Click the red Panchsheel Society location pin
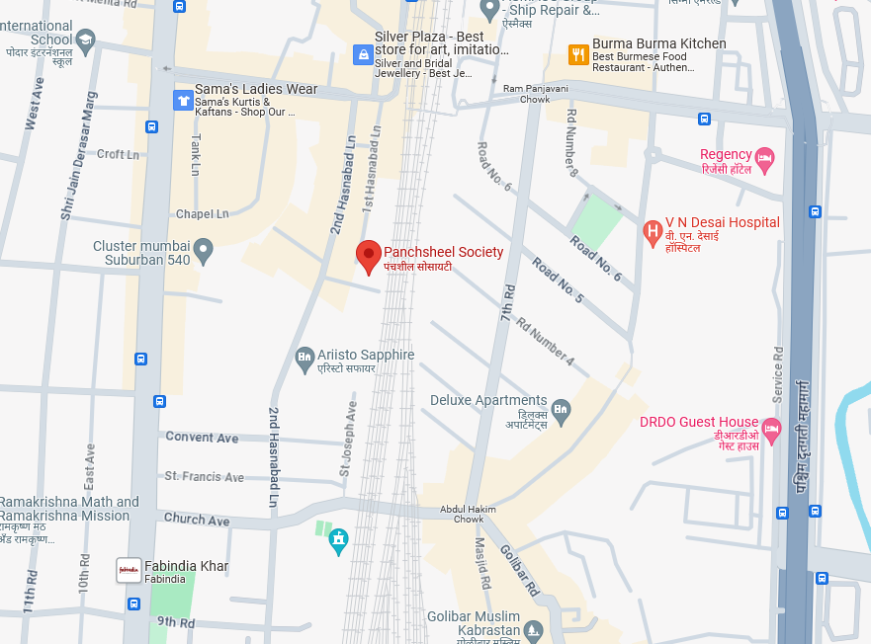coord(369,255)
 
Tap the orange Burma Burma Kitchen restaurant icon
coord(578,54)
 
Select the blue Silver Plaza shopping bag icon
coord(362,54)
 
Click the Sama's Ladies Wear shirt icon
coord(182,100)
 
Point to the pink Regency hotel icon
coord(764,158)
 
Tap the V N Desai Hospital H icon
coord(653,233)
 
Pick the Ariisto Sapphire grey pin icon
coord(305,360)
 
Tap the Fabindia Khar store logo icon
coord(129,570)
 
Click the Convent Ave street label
coord(202,437)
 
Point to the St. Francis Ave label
coord(204,476)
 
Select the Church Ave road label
coord(197,520)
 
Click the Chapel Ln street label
coord(202,213)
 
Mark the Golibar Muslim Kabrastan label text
coord(474,623)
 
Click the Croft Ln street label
coord(118,154)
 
